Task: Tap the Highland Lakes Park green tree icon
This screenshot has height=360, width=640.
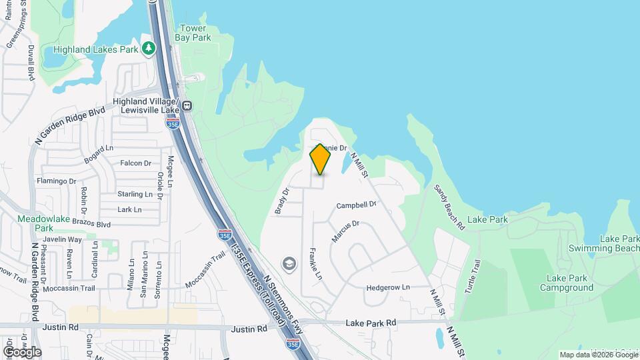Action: coord(148,49)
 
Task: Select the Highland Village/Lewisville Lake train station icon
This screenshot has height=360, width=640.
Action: coord(188,105)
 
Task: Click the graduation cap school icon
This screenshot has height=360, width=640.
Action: coord(289,264)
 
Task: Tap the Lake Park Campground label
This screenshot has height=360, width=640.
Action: coord(569,283)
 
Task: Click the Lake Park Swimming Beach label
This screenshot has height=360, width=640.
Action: coord(603,243)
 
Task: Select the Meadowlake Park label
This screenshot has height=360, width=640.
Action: coord(35,223)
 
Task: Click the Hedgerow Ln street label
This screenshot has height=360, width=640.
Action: coord(387,288)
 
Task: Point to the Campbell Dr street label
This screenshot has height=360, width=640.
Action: coord(357,205)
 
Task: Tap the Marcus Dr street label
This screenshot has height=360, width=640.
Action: coord(346,231)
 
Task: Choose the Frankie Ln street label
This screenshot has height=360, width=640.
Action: coord(315,264)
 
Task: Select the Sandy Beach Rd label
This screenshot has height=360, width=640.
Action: coord(449,198)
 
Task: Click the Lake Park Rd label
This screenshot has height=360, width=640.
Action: coord(371,323)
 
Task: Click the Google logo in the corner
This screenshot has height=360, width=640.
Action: coord(23,351)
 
